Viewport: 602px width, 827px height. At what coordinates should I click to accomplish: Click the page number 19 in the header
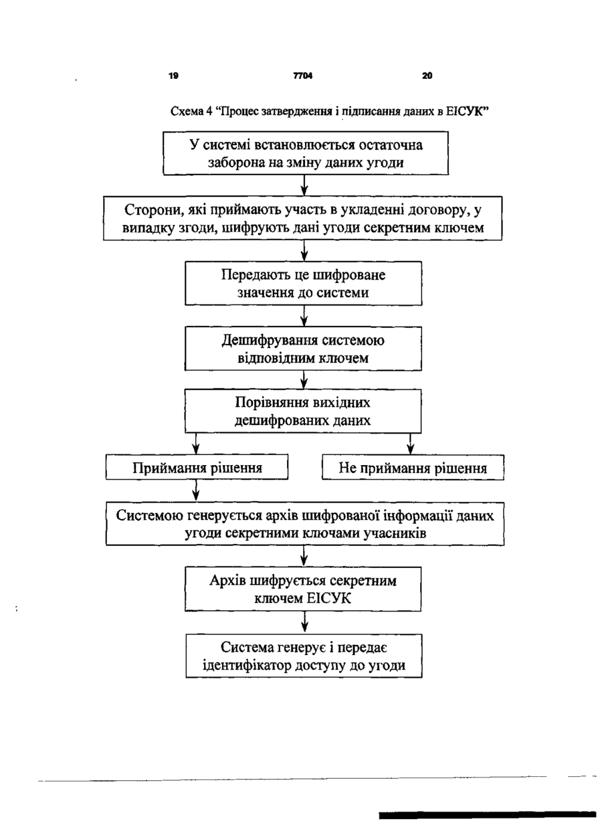click(173, 76)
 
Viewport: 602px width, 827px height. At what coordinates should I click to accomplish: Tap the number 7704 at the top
click(303, 76)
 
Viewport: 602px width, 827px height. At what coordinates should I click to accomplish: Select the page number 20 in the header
click(427, 76)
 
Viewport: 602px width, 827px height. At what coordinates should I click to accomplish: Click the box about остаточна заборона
click(306, 153)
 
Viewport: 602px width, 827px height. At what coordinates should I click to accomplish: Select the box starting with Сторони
click(302, 218)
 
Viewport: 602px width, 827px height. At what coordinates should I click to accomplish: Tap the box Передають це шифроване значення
click(304, 283)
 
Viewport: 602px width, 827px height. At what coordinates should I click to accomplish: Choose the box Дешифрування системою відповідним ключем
click(303, 349)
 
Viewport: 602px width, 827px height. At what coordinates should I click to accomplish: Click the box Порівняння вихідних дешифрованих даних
click(303, 411)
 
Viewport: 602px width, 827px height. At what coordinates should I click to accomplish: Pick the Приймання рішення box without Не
click(197, 467)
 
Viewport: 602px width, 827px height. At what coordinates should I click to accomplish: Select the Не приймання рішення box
click(413, 468)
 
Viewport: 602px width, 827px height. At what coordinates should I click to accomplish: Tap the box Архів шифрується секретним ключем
click(303, 589)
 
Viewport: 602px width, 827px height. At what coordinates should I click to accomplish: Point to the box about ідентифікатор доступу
click(304, 656)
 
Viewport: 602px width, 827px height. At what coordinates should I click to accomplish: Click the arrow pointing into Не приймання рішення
click(410, 444)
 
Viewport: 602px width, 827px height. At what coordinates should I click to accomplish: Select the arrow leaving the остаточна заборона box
click(304, 185)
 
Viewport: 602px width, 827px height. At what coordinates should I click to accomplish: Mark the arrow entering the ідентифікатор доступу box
click(304, 623)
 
